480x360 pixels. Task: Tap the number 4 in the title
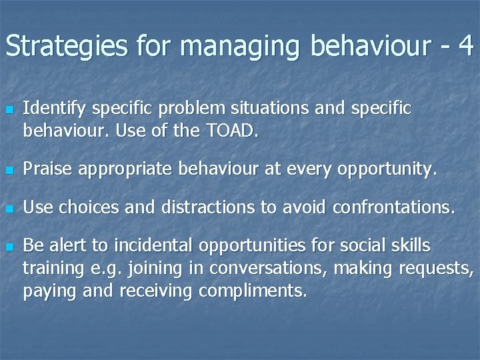point(465,46)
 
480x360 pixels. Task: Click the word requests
point(436,269)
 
